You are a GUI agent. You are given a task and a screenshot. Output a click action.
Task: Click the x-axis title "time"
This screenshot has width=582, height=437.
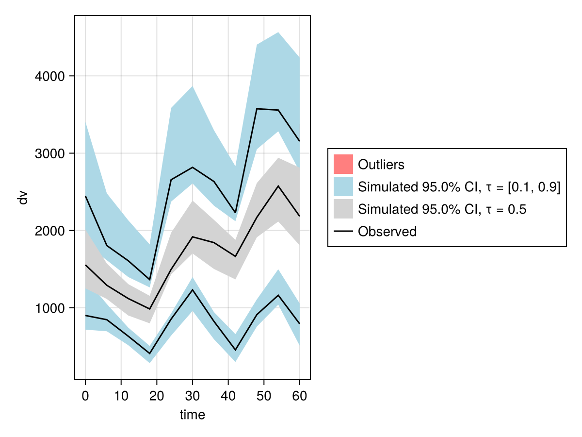[x=193, y=415]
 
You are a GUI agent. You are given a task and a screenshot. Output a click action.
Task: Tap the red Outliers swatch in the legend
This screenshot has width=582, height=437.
[x=343, y=164]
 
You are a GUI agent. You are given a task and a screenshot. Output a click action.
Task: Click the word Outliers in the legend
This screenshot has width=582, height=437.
[x=381, y=165]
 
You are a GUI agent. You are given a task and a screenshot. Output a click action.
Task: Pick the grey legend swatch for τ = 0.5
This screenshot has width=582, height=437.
[x=343, y=209]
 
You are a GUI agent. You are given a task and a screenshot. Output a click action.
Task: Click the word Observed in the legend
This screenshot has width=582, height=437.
[x=387, y=232]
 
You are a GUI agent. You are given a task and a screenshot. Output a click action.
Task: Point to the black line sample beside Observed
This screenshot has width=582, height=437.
[x=343, y=232]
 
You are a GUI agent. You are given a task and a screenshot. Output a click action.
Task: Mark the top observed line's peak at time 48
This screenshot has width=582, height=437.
[x=257, y=109]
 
